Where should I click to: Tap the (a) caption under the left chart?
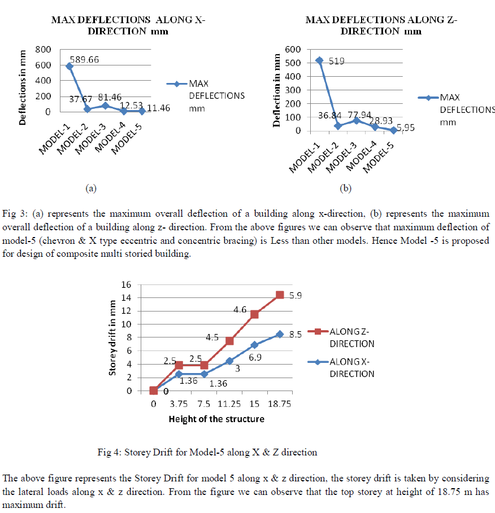coord(90,188)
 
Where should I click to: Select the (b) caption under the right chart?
coord(345,188)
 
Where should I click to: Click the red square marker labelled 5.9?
coord(280,295)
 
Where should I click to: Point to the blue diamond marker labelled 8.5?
coord(280,334)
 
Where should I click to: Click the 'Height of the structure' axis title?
coord(216,419)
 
